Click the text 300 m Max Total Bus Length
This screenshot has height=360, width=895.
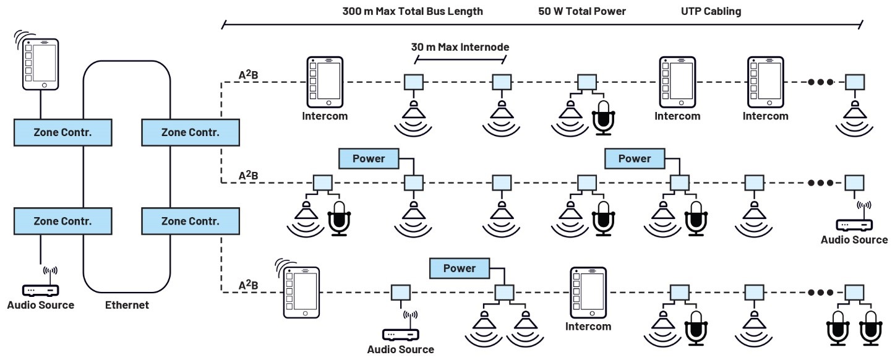pyautogui.click(x=413, y=11)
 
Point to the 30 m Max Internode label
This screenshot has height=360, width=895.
pyautogui.click(x=460, y=47)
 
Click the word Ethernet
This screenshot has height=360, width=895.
pyautogui.click(x=127, y=305)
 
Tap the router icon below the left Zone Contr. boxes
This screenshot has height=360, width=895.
pyautogui.click(x=40, y=288)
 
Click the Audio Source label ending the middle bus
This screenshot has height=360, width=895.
pyautogui.click(x=854, y=240)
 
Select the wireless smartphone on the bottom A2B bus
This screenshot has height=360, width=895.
pyautogui.click(x=301, y=292)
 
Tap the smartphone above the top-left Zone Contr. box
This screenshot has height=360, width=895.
pyautogui.click(x=41, y=63)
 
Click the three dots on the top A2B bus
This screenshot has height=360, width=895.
pyautogui.click(x=821, y=82)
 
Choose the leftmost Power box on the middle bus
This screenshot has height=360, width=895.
pyautogui.click(x=369, y=158)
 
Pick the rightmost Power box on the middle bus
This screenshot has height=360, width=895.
pyautogui.click(x=635, y=158)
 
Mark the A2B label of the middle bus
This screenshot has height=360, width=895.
pyautogui.click(x=248, y=176)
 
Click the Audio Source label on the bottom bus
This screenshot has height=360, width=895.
pyautogui.click(x=400, y=349)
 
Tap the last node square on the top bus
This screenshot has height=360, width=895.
pyautogui.click(x=855, y=82)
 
